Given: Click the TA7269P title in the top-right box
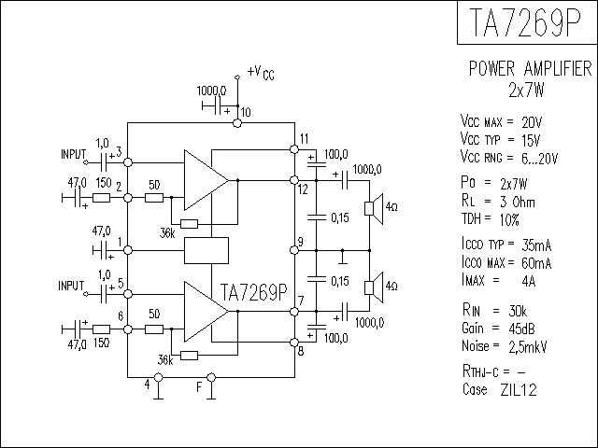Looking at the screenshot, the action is (x=526, y=22).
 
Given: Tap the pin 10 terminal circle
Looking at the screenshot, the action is (x=237, y=123).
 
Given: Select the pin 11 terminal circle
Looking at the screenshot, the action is (x=294, y=149).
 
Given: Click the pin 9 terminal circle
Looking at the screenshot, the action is (x=294, y=250).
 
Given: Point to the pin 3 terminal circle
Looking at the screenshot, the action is (x=128, y=162).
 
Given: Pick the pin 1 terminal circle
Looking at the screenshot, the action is (x=128, y=250).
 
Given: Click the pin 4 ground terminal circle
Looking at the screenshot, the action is (x=158, y=377).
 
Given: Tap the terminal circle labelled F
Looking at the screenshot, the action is (x=211, y=377).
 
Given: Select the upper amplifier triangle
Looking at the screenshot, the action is (x=206, y=180).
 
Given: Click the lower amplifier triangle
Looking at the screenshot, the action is (x=206, y=312).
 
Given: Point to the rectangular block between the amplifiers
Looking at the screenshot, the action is (x=206, y=250).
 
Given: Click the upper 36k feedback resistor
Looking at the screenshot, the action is (x=189, y=224).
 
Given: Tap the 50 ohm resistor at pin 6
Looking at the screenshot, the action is (x=154, y=329).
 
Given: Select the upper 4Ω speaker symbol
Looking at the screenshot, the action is (x=374, y=209).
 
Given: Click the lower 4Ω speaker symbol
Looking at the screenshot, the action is (x=374, y=288).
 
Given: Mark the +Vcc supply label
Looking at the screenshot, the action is (x=261, y=72).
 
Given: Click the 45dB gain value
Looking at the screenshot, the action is (x=521, y=329).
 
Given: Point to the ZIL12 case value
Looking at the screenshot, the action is (x=519, y=390).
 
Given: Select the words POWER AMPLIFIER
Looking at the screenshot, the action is (x=530, y=68).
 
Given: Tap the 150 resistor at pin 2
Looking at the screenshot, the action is (x=102, y=198).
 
